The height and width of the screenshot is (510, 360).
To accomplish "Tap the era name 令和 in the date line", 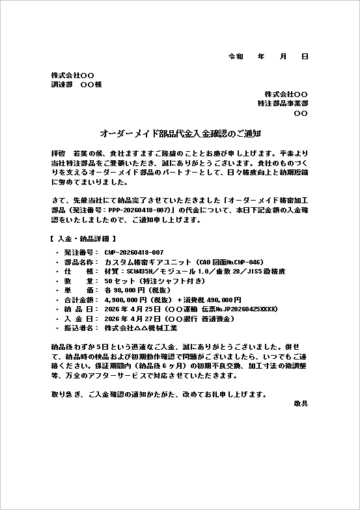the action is pos(236,57).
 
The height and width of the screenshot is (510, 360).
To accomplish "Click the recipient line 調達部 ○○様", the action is pos(76,85).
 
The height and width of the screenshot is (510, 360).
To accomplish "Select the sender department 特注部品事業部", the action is pos(283,104).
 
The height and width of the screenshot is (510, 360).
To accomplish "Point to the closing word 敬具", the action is pos(301,404).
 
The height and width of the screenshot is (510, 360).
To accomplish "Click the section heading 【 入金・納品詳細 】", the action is pos(83,239).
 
